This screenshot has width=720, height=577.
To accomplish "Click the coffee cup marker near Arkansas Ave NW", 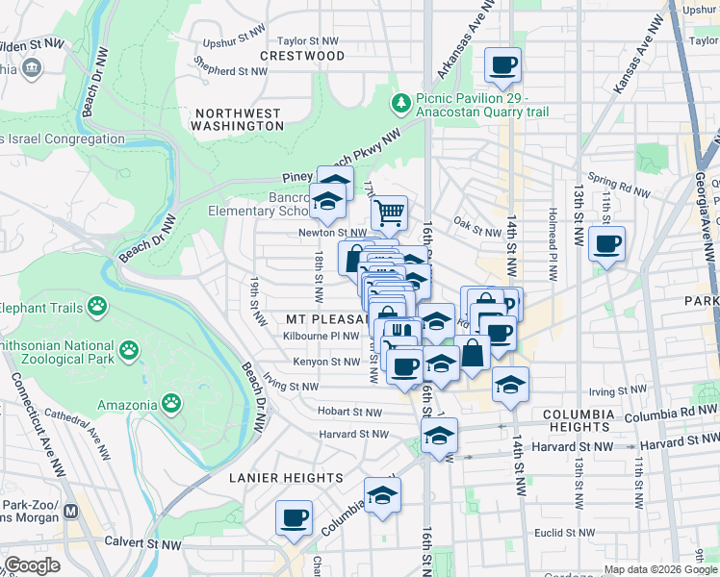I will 501,66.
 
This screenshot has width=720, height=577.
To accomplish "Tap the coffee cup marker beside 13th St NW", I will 606,245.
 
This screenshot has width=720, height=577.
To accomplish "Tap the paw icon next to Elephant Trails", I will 97,308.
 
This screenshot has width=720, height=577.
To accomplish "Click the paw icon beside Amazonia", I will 170,401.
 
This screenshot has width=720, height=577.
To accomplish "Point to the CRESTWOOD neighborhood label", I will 302,57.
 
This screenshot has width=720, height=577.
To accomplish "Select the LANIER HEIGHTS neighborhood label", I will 286,478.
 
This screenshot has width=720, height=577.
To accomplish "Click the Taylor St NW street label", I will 307,41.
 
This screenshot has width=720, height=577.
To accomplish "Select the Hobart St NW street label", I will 349,411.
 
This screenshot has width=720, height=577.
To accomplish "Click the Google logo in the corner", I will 33,565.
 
